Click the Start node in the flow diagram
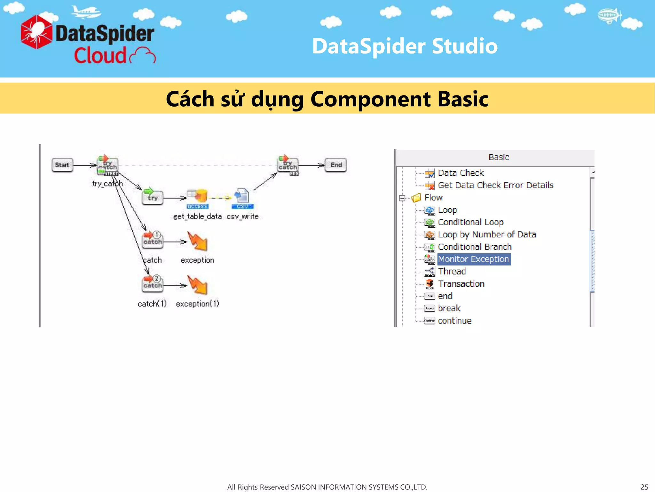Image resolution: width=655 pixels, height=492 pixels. (x=62, y=165)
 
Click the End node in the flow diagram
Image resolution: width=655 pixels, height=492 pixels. (x=336, y=165)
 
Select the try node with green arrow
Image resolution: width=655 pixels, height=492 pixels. (x=152, y=197)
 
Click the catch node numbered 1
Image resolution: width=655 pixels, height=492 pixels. (x=153, y=240)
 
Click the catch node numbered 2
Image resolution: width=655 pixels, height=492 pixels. (x=153, y=284)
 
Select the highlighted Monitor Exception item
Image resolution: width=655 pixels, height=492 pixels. (x=473, y=259)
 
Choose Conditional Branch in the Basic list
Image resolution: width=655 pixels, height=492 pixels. (x=474, y=247)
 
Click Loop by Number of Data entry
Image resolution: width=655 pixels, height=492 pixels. (x=486, y=234)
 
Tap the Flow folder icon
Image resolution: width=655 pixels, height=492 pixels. (x=416, y=198)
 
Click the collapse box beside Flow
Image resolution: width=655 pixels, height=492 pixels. (x=402, y=198)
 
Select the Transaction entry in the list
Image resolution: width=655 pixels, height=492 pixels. (x=461, y=284)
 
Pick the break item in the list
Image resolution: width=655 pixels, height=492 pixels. (x=449, y=308)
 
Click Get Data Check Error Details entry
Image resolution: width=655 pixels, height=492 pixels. (x=495, y=185)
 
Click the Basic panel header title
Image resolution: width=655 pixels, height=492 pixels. (x=498, y=157)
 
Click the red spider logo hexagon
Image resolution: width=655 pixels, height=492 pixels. (x=36, y=32)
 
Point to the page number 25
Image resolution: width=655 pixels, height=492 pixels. (x=644, y=487)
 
